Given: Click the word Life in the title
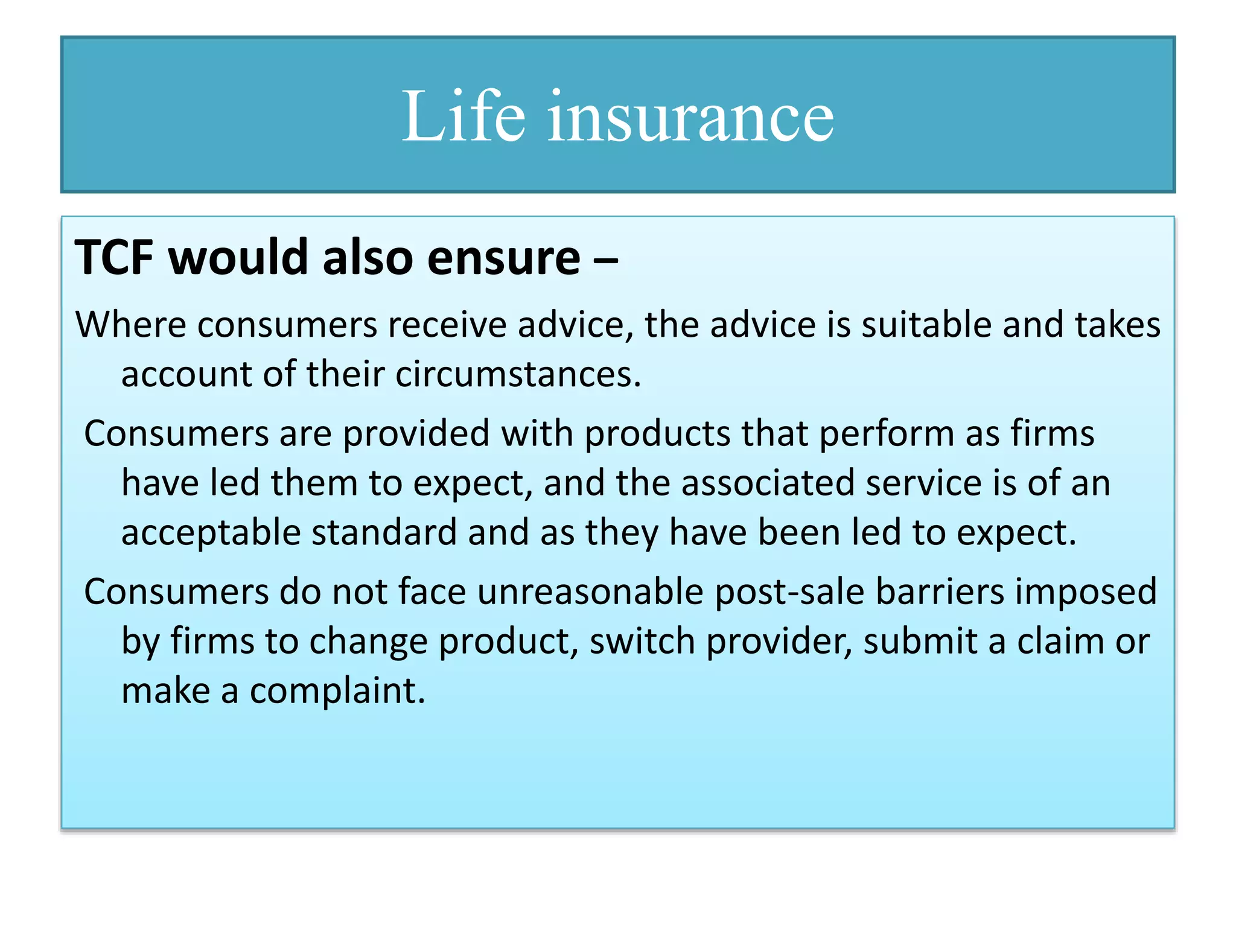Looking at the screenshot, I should coord(463,116).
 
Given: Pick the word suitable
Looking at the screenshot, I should coord(926,325).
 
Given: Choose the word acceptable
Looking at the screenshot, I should coord(211,534).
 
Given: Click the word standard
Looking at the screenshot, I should coord(384,532).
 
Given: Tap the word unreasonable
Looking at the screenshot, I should coord(590,591).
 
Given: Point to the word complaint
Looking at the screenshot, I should coord(337,692).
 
